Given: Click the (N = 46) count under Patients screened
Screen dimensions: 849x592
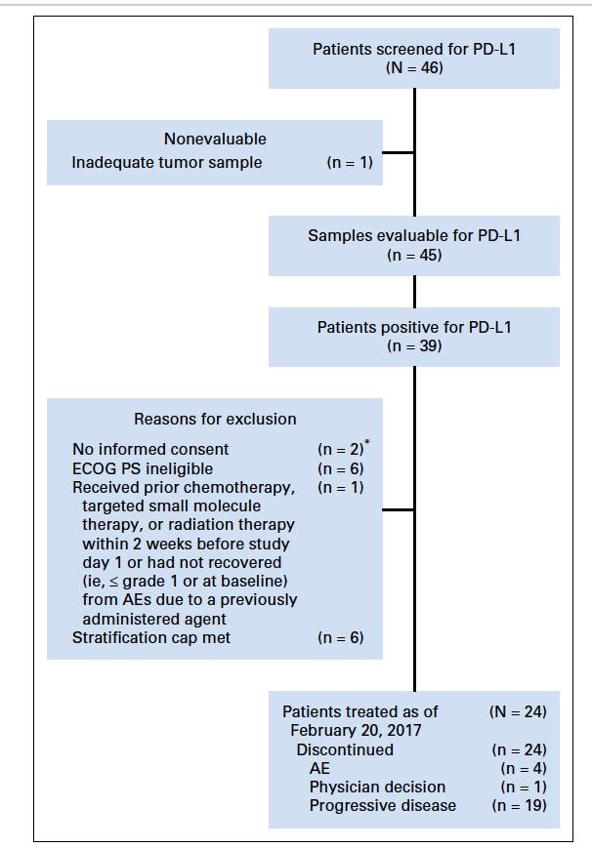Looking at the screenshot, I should click(x=414, y=68).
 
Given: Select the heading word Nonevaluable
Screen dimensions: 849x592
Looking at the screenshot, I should click(x=215, y=140).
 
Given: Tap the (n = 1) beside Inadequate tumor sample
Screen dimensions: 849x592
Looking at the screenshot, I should click(x=349, y=163).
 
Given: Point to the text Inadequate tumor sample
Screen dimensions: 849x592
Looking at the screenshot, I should click(x=167, y=163).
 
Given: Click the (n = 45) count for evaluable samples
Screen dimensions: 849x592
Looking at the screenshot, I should click(x=414, y=256).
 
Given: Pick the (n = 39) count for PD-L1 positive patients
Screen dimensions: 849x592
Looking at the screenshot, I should click(x=414, y=345).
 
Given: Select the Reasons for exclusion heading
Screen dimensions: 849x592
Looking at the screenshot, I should click(x=215, y=420).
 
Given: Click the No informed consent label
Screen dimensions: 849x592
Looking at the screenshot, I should click(x=151, y=450).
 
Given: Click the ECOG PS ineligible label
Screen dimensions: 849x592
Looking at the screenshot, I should click(x=143, y=468).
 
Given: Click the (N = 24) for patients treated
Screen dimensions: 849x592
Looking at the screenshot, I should click(x=518, y=712).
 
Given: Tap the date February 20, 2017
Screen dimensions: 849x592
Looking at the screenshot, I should click(x=357, y=731).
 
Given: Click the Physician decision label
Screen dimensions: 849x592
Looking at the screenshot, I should click(x=377, y=787).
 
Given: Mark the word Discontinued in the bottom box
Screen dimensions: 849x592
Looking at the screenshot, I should click(x=346, y=749).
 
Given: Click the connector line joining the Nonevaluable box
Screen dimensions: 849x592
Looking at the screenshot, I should click(x=399, y=152).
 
